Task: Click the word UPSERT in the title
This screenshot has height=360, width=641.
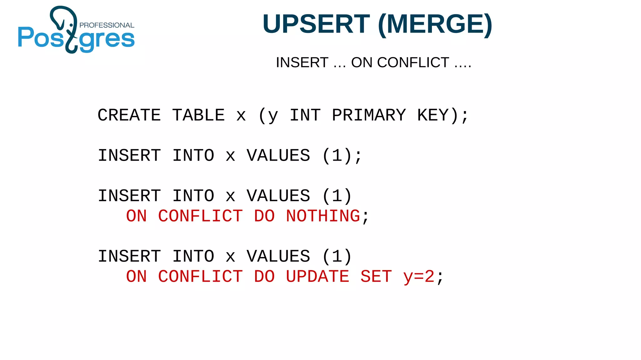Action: click(316, 24)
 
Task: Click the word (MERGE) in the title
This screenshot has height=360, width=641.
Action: click(435, 24)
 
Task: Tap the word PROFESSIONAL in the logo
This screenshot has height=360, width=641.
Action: click(107, 25)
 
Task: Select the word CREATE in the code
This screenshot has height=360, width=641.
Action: click(129, 115)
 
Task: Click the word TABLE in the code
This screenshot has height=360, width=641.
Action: click(198, 115)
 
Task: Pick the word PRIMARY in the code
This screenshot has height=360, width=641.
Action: click(369, 115)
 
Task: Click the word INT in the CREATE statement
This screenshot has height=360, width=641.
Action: click(305, 115)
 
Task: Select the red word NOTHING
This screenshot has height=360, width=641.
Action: click(323, 216)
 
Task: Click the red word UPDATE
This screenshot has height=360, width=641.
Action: click(317, 277)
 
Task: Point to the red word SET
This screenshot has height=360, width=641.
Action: click(376, 277)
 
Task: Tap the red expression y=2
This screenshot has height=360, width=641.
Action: click(419, 277)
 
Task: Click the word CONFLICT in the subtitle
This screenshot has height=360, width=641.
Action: click(413, 63)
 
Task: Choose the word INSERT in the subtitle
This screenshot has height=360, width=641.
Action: click(302, 63)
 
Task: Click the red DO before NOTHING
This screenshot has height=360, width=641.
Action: click(264, 216)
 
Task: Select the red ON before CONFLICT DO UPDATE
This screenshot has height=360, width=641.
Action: click(136, 277)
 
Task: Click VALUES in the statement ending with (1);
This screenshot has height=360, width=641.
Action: click(278, 156)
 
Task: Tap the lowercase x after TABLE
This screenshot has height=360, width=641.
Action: click(241, 116)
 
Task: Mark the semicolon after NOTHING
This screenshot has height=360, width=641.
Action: click(365, 217)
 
